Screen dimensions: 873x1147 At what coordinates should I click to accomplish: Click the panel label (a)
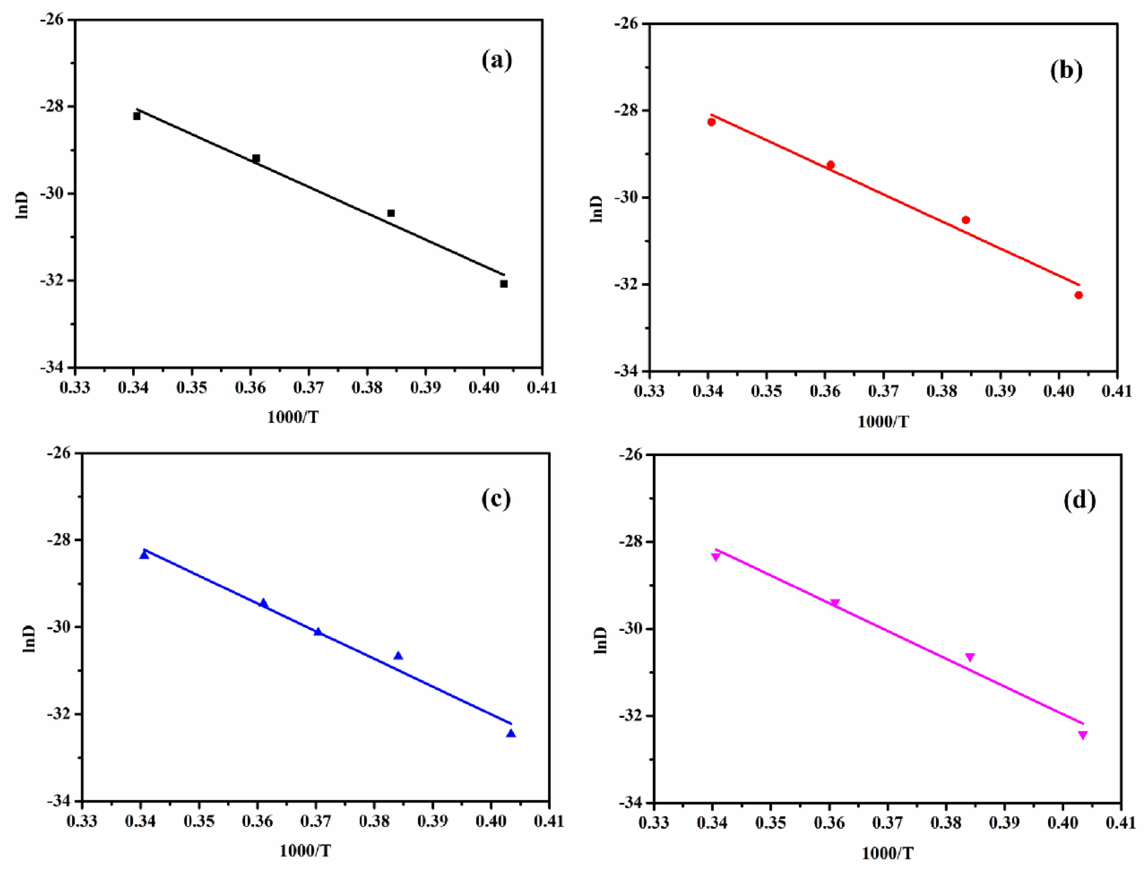pos(497,61)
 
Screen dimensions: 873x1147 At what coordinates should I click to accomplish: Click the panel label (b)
pos(1066,70)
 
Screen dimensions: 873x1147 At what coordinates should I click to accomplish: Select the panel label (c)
pos(496,499)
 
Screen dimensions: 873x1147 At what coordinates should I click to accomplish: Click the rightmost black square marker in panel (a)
pos(503,284)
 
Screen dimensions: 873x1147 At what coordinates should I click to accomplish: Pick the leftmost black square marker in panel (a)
pos(137,116)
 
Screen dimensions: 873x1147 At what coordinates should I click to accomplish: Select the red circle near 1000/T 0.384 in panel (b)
pos(966,220)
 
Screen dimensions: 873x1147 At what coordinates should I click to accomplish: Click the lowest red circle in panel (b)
pos(1079,295)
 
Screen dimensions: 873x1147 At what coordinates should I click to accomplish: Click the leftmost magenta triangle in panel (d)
pos(716,556)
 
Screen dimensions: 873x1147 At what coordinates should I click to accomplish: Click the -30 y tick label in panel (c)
pos(60,627)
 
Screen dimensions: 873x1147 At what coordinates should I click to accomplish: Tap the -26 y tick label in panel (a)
pos(52,20)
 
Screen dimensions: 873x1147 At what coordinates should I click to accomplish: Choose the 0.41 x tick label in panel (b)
pos(1116,391)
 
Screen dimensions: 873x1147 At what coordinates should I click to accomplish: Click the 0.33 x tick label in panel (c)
pos(82,821)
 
